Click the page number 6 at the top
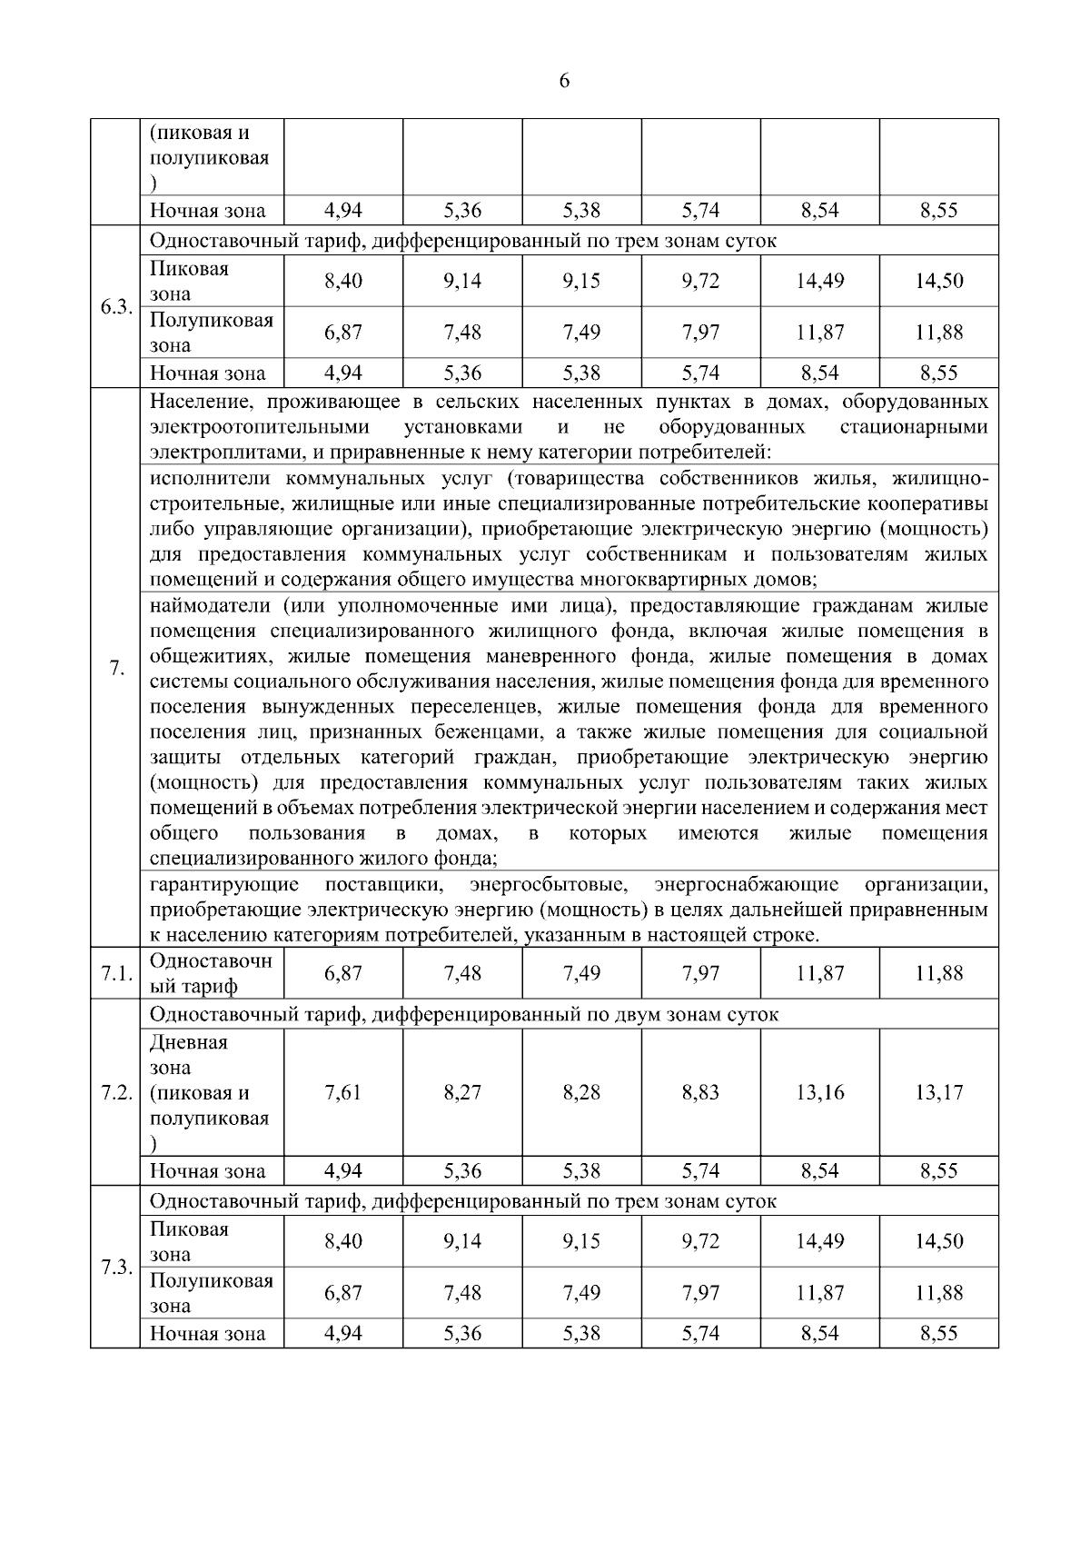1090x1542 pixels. tap(563, 81)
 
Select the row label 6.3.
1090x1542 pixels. tap(114, 306)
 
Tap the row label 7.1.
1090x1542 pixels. tap(114, 973)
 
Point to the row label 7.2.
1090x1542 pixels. tap(114, 1092)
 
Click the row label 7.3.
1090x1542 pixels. tap(114, 1267)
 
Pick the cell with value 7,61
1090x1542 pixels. tap(343, 1092)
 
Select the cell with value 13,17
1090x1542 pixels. tap(938, 1092)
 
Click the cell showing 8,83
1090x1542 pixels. tap(700, 1092)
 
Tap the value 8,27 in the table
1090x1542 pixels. tap(462, 1092)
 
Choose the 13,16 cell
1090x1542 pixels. tap(819, 1092)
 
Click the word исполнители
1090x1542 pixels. tap(206, 478)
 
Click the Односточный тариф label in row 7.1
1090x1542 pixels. tap(210, 973)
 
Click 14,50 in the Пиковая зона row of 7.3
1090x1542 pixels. tap(938, 1241)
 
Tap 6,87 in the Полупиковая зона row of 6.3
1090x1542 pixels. tap(343, 333)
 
